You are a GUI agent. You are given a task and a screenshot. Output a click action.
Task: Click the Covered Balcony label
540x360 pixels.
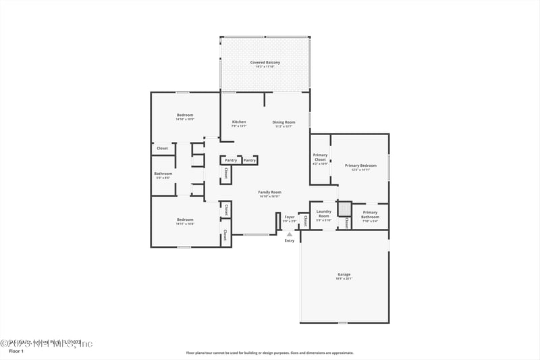[x=265, y=62]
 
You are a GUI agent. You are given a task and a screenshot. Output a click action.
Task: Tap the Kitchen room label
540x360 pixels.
[x=239, y=122]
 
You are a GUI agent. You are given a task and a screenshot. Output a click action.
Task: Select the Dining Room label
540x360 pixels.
[x=283, y=122]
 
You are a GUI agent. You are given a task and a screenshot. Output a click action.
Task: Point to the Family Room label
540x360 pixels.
[x=269, y=192]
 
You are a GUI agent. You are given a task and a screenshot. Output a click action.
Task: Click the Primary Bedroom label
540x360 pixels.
[x=360, y=165]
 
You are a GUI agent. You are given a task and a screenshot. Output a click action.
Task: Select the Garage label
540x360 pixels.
[x=344, y=274]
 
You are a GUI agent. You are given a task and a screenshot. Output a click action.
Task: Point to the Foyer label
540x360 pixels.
[x=289, y=217]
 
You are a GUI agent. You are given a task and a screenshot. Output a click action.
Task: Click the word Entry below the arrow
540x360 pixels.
[x=290, y=240]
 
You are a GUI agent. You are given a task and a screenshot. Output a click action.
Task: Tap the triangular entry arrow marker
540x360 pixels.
[x=290, y=234]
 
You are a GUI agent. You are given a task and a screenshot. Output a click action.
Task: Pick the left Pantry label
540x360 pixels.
[x=230, y=160]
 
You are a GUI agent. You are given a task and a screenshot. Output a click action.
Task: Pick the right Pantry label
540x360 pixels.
[x=249, y=160]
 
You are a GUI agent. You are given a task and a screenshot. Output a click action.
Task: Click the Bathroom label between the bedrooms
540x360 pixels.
[x=163, y=174]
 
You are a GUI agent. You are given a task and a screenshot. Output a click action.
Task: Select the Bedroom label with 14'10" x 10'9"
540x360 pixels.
[x=185, y=115]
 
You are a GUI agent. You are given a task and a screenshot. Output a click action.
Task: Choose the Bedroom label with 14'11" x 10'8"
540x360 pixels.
[x=185, y=220]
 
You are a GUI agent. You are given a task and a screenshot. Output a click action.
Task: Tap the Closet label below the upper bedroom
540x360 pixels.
[x=162, y=148]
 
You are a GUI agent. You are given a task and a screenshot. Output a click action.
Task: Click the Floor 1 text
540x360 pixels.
[x=16, y=351]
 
